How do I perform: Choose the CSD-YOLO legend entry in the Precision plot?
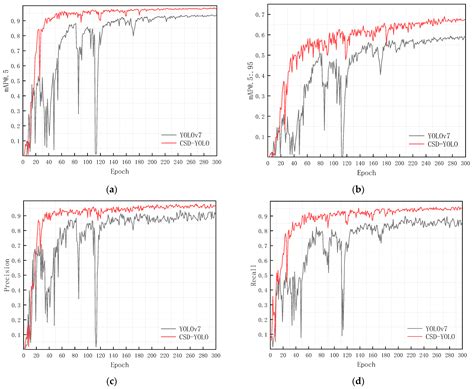188,338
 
